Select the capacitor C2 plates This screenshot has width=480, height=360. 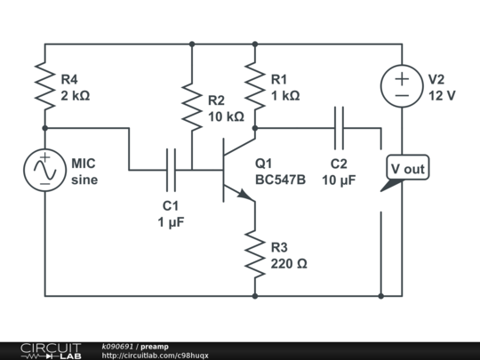point(339,127)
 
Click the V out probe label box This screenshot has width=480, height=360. point(408,169)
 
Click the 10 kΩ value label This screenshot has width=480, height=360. point(226,116)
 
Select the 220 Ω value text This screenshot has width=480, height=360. point(289,264)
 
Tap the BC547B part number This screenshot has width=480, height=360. point(280,179)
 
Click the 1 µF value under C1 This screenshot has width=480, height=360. point(171,222)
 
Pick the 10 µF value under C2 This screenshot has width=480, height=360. point(338,179)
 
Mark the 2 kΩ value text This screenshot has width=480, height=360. point(75,95)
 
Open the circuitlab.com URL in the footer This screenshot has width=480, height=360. point(155,356)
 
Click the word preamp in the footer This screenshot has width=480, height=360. point(154,346)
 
